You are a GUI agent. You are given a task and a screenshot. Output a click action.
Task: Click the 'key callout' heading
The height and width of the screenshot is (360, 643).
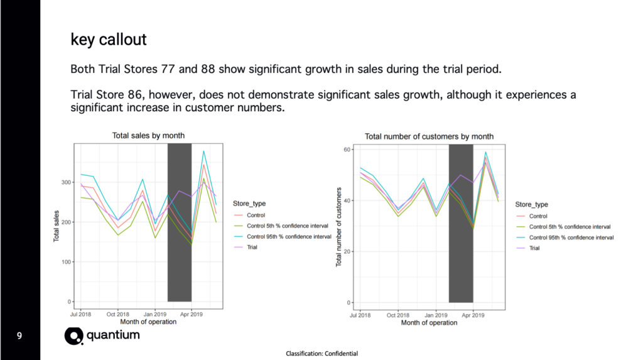point(108,40)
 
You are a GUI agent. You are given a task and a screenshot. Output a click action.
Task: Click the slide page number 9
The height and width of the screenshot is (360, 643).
point(19,337)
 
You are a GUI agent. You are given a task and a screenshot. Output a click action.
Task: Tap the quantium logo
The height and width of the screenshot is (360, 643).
point(102,335)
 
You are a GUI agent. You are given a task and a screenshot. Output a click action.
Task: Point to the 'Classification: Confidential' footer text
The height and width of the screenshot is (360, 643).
point(321,354)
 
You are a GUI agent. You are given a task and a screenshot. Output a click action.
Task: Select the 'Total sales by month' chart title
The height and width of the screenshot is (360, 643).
point(148,136)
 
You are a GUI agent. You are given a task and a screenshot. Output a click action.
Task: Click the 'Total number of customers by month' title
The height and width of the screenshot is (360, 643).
point(429,136)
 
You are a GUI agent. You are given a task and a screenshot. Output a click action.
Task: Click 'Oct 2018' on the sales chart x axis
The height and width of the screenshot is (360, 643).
point(117,314)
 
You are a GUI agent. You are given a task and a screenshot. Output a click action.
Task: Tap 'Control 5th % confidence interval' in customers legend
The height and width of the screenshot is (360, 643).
point(570,227)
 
